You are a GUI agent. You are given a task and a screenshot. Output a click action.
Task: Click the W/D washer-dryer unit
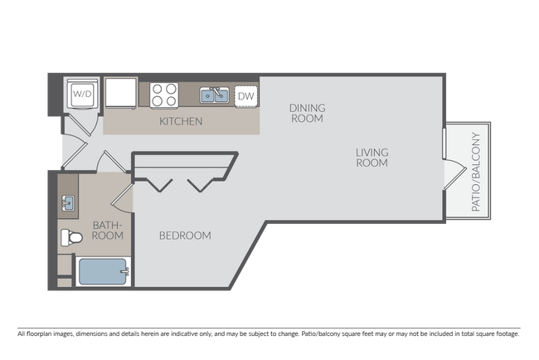(x=81, y=94)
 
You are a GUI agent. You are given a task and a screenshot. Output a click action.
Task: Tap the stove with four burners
(x=165, y=95)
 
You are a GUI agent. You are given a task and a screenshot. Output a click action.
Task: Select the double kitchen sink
(x=215, y=96)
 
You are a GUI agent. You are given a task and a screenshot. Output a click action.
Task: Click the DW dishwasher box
(x=245, y=96)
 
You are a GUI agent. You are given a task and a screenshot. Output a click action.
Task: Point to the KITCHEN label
(x=181, y=122)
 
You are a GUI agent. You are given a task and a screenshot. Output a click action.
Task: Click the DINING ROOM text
(x=306, y=113)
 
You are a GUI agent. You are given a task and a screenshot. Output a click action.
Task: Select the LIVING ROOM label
(x=371, y=157)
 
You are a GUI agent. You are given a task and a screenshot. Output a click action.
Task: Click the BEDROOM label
(x=185, y=236)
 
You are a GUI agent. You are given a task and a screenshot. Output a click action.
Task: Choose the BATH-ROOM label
(x=108, y=230)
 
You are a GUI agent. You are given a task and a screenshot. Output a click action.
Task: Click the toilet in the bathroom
(x=70, y=238)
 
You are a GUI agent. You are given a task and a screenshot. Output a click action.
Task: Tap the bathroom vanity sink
(x=69, y=202)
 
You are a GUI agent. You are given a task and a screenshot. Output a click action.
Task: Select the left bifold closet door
(x=159, y=182)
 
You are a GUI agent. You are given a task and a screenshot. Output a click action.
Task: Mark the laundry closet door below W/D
(x=81, y=124)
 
